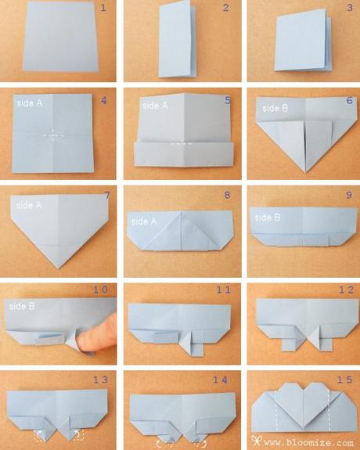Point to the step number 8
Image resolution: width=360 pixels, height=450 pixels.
(227, 195)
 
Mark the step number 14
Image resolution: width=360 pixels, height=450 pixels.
(222, 380)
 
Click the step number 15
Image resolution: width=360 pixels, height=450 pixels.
(344, 380)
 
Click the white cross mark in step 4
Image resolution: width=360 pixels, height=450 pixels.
(52, 134)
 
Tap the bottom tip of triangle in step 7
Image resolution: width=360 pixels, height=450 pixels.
(59, 267)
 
